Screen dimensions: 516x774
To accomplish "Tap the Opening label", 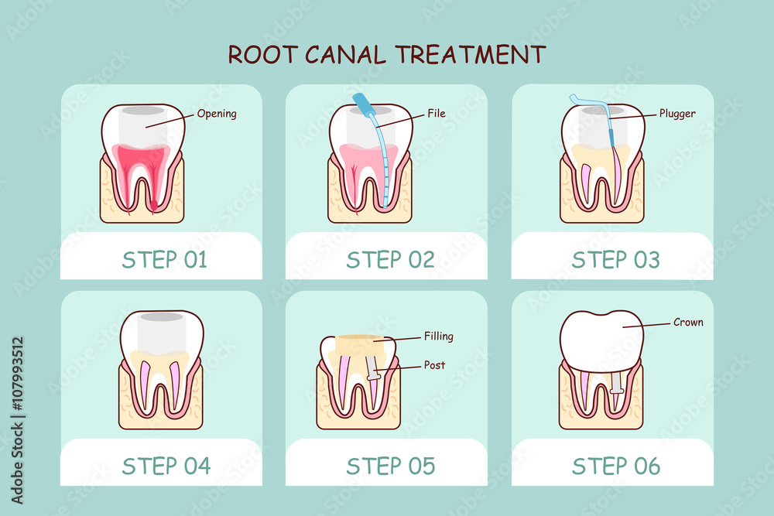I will click(x=217, y=114).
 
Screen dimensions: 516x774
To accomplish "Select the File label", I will click(x=437, y=114).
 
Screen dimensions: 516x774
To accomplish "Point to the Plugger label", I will click(x=676, y=114).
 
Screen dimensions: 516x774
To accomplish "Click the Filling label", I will click(x=438, y=337).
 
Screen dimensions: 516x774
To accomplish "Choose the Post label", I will click(x=434, y=365).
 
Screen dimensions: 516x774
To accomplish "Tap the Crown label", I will click(x=688, y=322).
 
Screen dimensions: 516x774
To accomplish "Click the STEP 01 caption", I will click(x=164, y=260).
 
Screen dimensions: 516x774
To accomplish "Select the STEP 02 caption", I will click(x=390, y=260).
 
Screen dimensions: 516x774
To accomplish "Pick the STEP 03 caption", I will click(x=615, y=260).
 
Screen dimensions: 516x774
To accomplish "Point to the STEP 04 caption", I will click(x=165, y=466).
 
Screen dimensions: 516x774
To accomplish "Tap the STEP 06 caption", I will click(x=615, y=466).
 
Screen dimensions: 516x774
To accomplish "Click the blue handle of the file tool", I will click(x=362, y=102).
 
